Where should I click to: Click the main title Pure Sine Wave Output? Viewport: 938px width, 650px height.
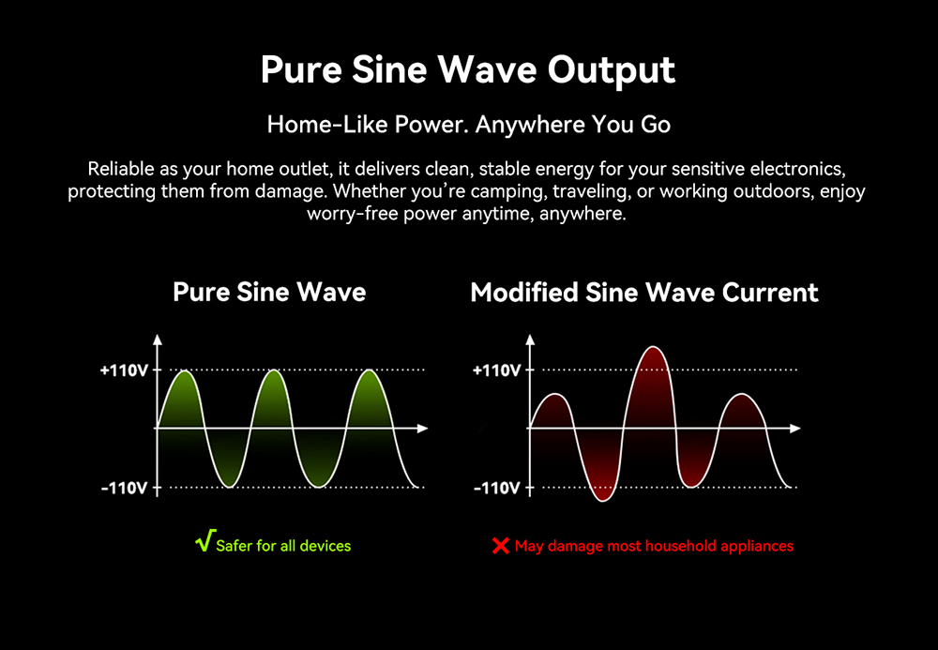468,70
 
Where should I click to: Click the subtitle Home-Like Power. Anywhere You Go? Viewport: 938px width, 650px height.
468,125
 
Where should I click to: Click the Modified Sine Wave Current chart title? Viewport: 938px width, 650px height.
644,293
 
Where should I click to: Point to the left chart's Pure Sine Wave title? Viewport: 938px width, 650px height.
269,292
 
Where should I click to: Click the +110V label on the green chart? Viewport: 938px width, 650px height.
124,370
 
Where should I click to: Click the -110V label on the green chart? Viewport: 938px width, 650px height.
124,489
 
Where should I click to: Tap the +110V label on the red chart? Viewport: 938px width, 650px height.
496,370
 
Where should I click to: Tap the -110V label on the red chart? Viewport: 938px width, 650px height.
496,489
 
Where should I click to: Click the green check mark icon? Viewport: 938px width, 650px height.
205,540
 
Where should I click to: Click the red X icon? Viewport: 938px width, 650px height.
500,546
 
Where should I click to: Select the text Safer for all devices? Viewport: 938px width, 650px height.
283,546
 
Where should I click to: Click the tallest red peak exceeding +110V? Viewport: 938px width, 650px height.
654,348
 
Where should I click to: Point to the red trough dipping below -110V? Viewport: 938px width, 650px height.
602,500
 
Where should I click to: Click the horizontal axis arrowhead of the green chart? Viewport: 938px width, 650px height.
422,428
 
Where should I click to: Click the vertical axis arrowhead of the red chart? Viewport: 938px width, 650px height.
530,340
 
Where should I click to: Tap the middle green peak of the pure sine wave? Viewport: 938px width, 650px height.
273,372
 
